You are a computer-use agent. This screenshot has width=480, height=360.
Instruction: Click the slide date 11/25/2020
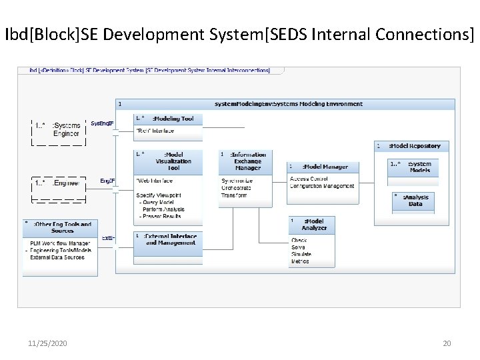coord(47,343)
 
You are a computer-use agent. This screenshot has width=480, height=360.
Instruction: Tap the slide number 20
coord(447,343)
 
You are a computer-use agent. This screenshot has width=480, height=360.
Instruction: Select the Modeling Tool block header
coord(173,119)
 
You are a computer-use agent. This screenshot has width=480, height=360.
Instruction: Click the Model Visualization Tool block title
coord(173,161)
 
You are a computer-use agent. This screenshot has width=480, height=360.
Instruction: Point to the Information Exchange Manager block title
coord(249,161)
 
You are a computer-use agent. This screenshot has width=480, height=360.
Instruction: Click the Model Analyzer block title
coord(314,225)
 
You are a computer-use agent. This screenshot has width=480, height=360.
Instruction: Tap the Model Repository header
coord(416,146)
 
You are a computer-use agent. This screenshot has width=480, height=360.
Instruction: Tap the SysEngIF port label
coord(103,124)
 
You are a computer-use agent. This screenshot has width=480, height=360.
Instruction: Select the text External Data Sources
coord(57,257)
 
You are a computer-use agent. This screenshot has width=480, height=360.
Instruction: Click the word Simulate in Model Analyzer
coord(301,255)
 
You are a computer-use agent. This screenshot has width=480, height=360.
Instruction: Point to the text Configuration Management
coord(322,186)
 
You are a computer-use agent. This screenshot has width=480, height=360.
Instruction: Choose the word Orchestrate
coord(236,188)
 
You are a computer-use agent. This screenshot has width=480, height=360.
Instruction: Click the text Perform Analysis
coord(163,209)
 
